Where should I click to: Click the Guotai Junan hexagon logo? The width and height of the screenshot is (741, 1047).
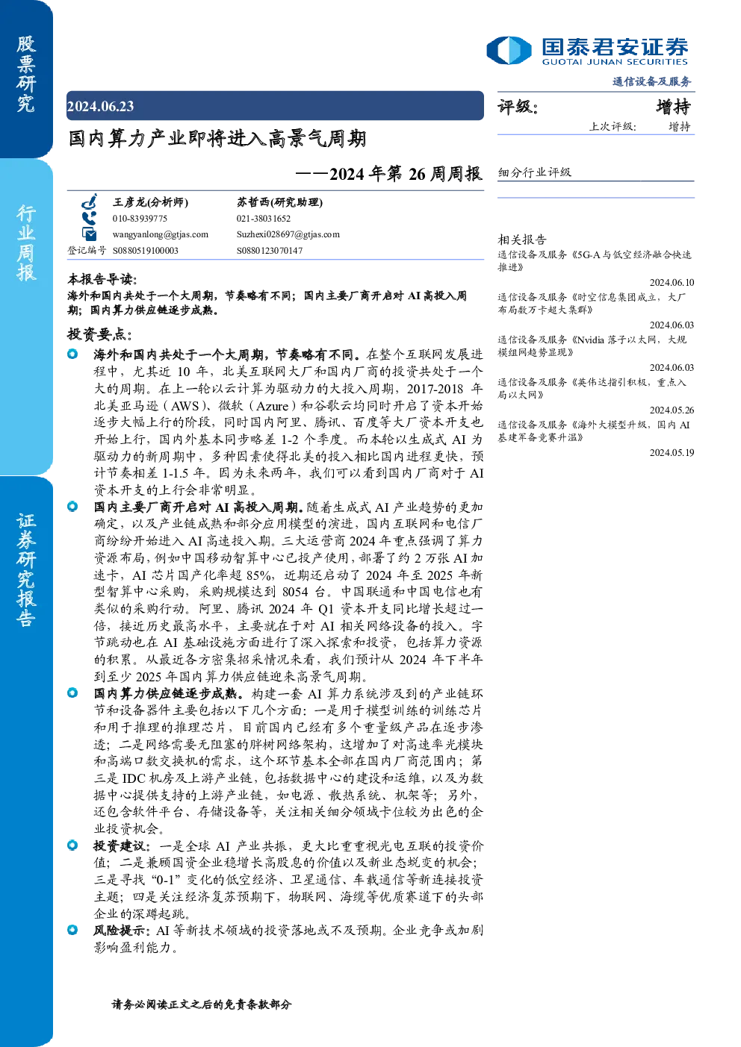click(x=509, y=50)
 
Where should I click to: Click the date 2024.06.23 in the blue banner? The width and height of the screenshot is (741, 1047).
click(x=100, y=106)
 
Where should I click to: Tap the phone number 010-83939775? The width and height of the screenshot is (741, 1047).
click(x=140, y=219)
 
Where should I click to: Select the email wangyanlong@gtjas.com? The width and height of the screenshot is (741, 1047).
click(x=161, y=234)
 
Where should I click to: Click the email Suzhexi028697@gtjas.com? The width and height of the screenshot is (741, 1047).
click(x=288, y=234)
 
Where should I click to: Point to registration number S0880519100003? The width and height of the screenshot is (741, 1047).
click(x=146, y=251)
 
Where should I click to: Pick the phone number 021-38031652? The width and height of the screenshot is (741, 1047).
click(x=264, y=219)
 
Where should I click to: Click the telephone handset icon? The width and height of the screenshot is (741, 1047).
click(x=89, y=218)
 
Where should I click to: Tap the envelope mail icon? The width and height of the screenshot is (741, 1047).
click(x=89, y=234)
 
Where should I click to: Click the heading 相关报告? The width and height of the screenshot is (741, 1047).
click(x=522, y=240)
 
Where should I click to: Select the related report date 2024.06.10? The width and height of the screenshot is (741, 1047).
click(x=672, y=282)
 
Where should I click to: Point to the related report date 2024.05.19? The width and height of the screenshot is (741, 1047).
click(x=672, y=452)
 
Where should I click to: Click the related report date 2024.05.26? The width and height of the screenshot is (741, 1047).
click(x=672, y=410)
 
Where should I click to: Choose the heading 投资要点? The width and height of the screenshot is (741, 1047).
click(x=100, y=334)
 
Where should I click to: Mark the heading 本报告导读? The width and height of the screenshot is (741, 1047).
click(x=102, y=279)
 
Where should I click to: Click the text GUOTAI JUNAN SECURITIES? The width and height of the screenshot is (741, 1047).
click(x=615, y=62)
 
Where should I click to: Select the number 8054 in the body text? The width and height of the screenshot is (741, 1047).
click(x=295, y=592)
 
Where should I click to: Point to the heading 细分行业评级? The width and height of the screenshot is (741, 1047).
click(x=534, y=172)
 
